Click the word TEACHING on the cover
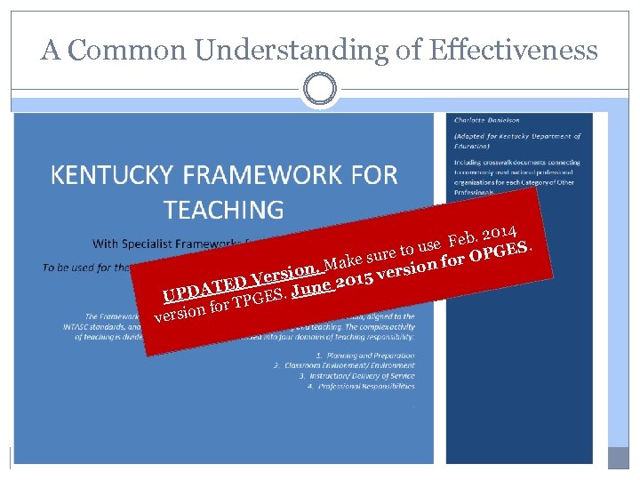pos(224,210)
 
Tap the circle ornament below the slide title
pos(319,89)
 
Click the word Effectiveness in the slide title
pos(513,50)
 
